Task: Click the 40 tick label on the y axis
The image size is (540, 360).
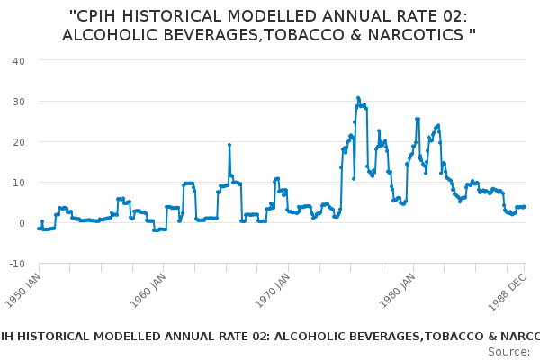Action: coord(18,60)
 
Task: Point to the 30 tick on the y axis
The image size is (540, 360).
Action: coord(18,101)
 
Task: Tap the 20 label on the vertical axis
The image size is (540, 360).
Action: coord(18,141)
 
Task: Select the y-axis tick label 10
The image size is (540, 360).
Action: coord(18,183)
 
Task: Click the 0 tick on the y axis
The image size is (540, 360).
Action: coord(21,223)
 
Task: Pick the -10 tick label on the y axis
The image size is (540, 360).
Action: coord(16,264)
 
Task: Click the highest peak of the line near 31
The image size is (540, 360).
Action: coord(357,98)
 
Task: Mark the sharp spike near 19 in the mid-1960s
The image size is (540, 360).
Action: coord(229,145)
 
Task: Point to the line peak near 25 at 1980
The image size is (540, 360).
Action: coord(418,119)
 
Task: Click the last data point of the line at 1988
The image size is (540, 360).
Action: coord(524,206)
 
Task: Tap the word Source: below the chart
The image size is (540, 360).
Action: coord(508,351)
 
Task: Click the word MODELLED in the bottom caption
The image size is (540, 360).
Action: coord(123,336)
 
